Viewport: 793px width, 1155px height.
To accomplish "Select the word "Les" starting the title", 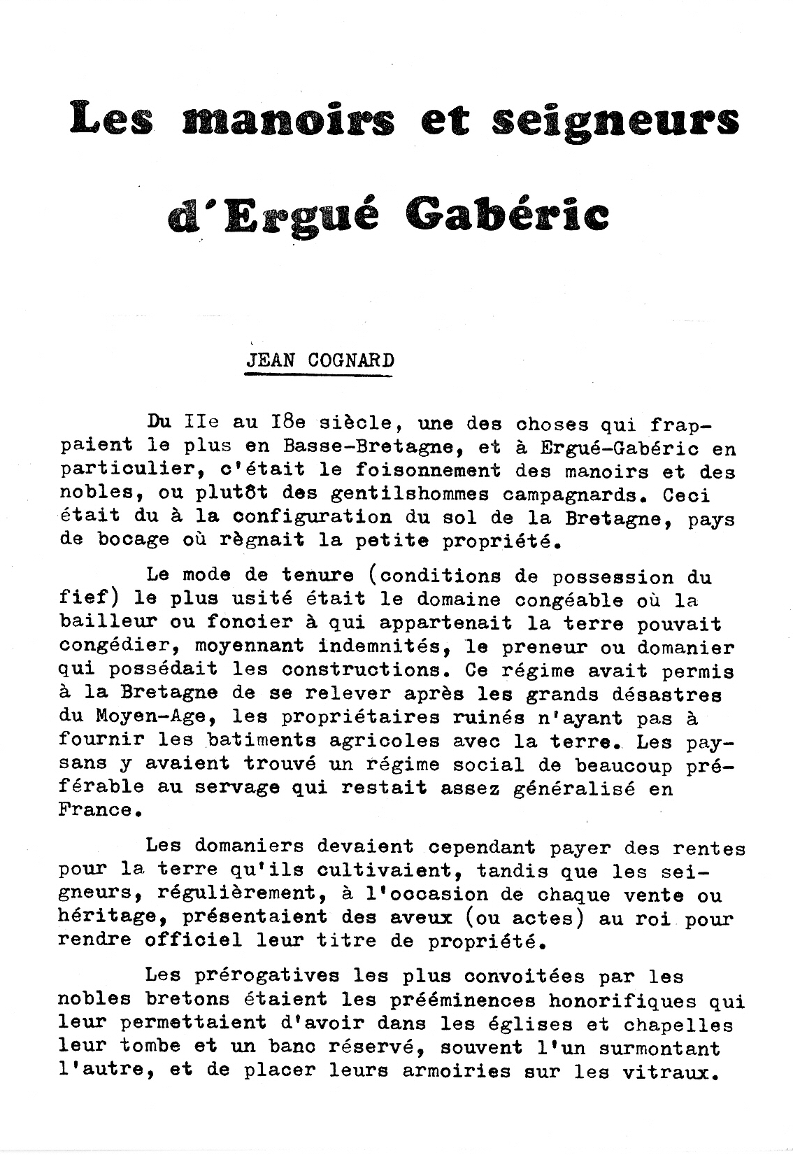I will coord(112,120).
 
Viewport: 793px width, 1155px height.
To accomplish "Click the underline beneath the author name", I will coord(318,376).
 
